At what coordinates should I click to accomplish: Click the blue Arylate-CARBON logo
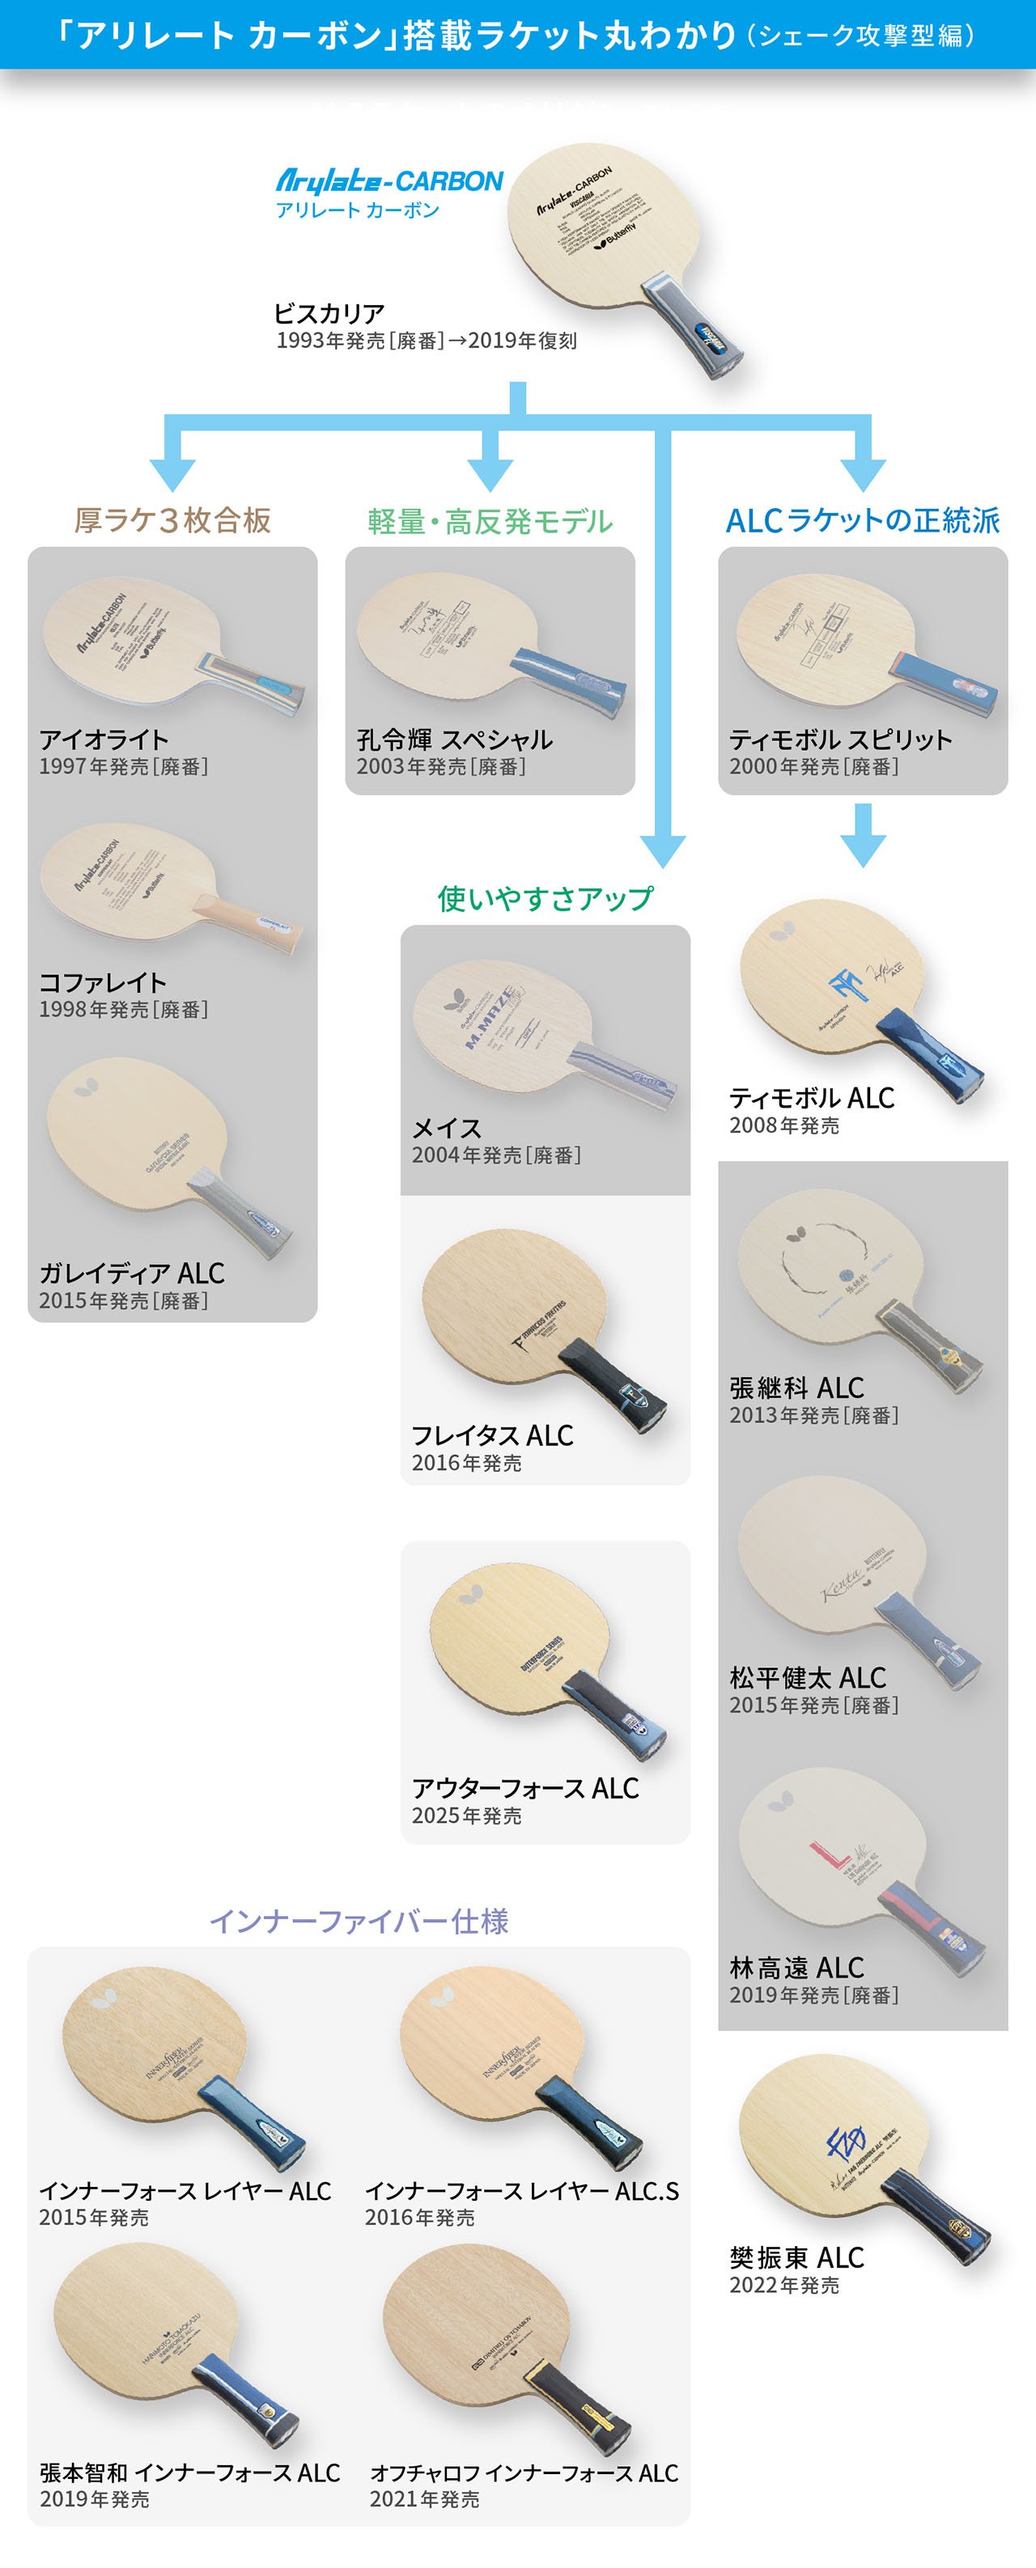click(x=388, y=181)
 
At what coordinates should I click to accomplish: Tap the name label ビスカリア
click(x=329, y=314)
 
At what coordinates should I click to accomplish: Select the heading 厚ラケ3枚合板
click(x=172, y=520)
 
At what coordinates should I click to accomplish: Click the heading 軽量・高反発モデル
click(x=490, y=521)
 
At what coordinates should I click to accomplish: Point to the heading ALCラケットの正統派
click(x=863, y=520)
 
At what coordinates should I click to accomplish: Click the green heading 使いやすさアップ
click(x=546, y=898)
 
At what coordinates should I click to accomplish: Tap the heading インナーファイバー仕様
click(x=359, y=1921)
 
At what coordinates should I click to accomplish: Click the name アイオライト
click(x=104, y=739)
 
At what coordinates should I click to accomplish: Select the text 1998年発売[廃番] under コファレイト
click(x=124, y=1010)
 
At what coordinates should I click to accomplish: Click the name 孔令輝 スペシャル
click(x=455, y=739)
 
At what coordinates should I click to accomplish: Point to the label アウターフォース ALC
click(x=525, y=1788)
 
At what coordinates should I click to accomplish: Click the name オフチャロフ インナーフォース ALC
click(x=524, y=2473)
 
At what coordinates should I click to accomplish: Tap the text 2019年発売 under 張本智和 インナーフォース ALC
click(x=95, y=2499)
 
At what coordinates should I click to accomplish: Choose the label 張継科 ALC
click(x=796, y=1388)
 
